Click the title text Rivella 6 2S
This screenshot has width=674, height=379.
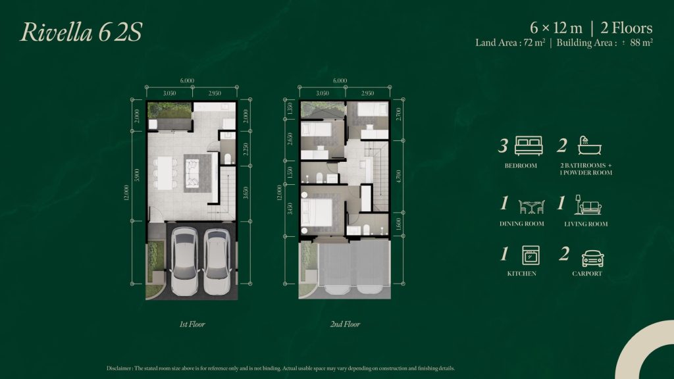click(81, 32)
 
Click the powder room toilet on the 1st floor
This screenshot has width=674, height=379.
click(227, 157)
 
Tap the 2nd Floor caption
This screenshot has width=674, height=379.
click(346, 324)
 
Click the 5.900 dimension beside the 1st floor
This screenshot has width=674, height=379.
click(136, 176)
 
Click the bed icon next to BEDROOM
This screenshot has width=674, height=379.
click(529, 145)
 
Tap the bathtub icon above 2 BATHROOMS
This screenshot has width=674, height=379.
click(585, 145)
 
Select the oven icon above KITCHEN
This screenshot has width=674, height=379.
click(530, 255)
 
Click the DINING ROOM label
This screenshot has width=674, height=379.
click(521, 224)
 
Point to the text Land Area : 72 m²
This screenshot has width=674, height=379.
click(511, 43)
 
